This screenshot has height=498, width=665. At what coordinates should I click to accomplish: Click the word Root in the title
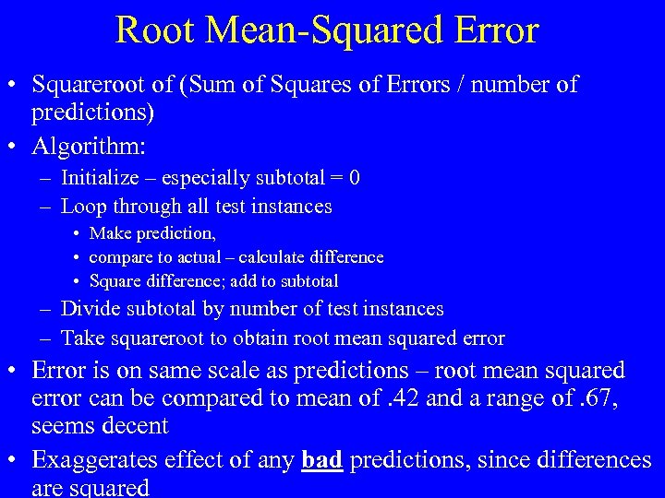point(155,30)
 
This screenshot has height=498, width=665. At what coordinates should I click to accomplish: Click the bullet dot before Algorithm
point(16,146)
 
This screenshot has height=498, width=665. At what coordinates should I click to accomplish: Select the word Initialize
point(100,178)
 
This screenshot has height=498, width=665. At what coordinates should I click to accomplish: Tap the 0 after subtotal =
point(355,178)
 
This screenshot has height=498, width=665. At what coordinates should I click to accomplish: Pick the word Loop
point(79,207)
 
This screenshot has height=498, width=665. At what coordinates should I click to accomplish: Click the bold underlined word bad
point(322,459)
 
